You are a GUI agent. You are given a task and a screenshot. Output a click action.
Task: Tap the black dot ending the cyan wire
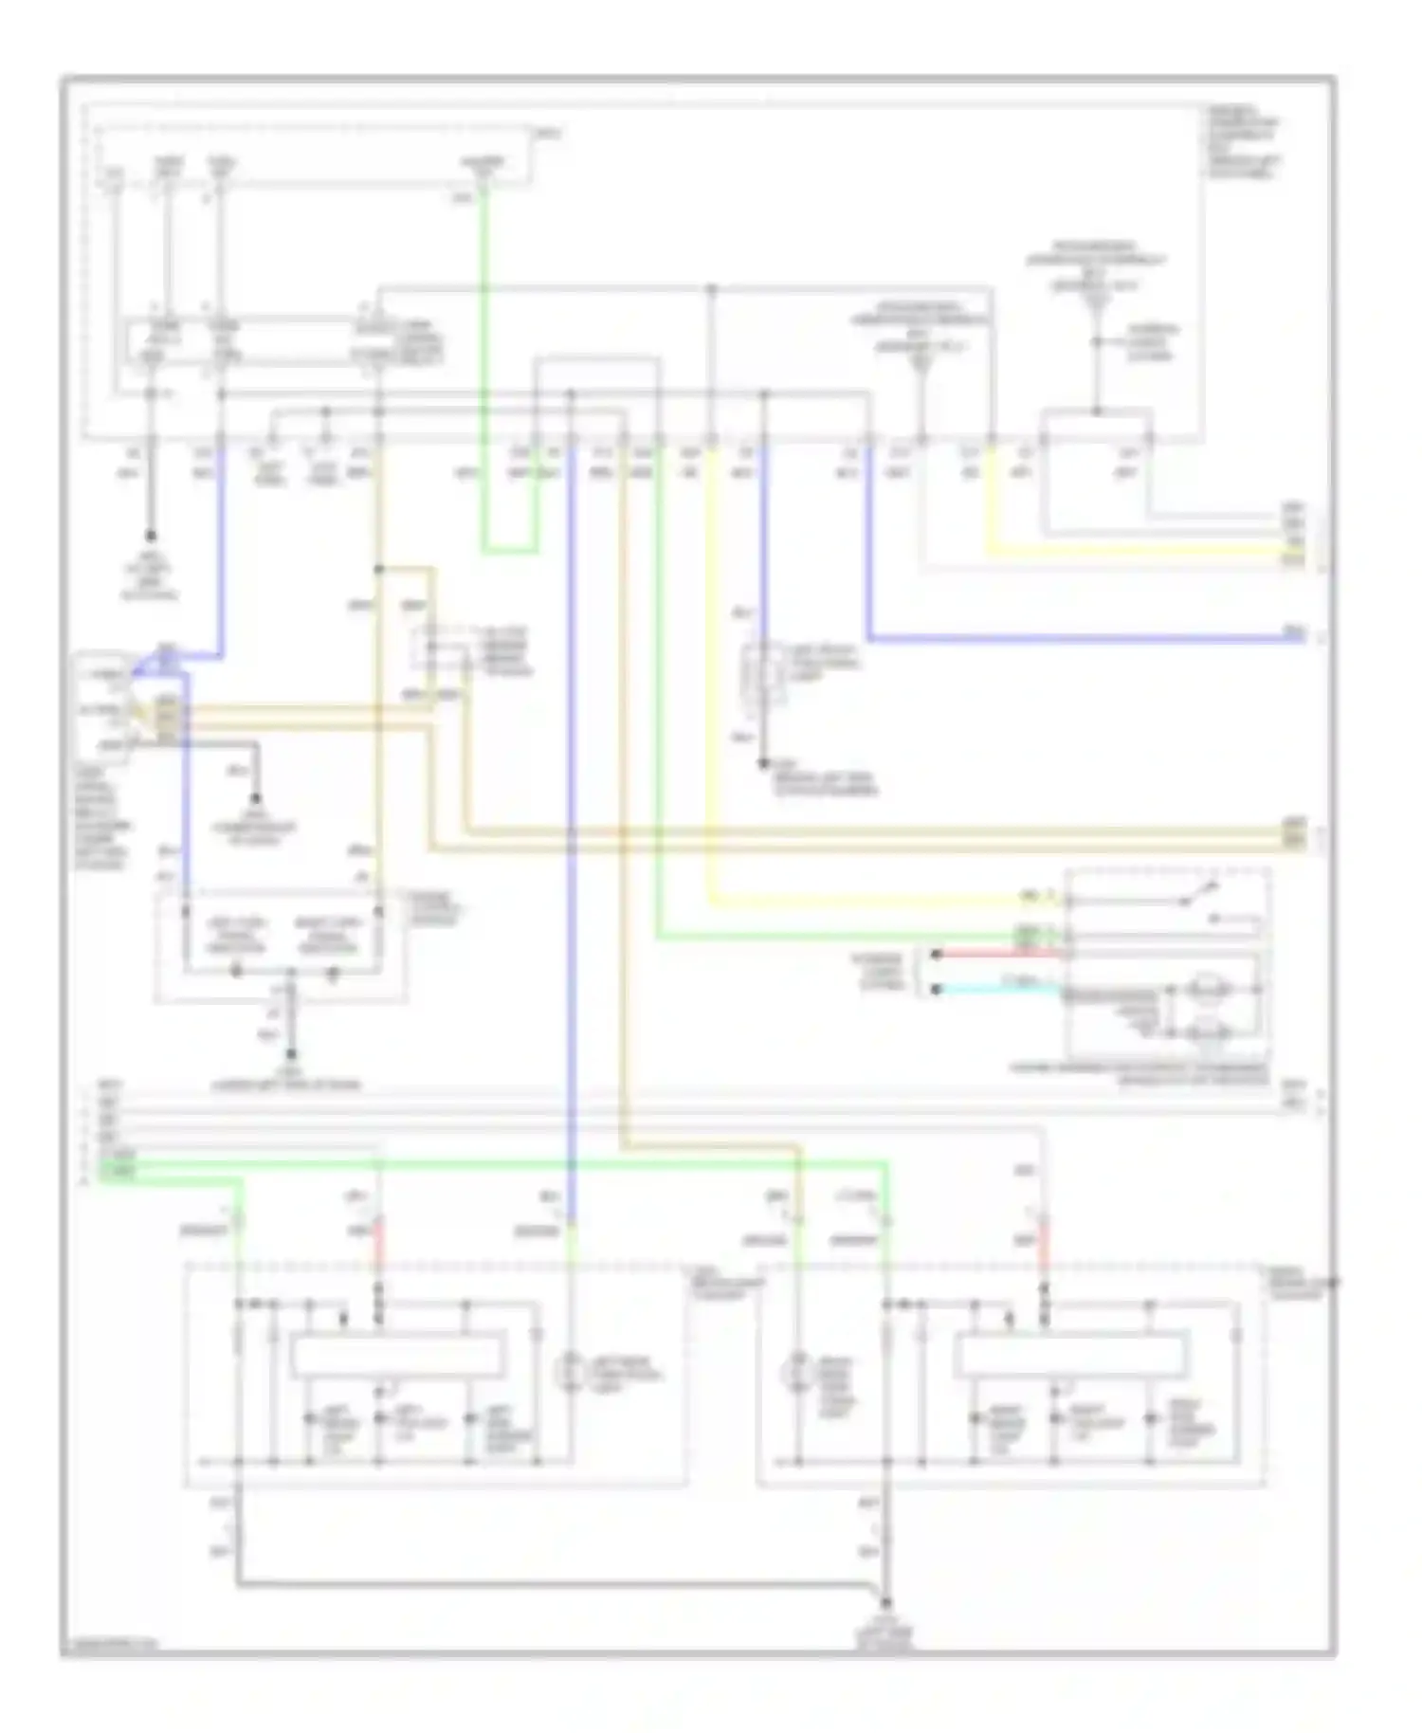click(x=936, y=989)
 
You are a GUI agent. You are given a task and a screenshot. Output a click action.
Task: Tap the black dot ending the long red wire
click(x=936, y=955)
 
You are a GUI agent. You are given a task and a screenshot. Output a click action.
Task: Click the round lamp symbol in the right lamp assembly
click(x=796, y=1374)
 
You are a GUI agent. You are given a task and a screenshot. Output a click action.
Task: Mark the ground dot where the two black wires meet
click(x=886, y=1602)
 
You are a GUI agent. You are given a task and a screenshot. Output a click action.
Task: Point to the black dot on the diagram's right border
click(x=1334, y=1284)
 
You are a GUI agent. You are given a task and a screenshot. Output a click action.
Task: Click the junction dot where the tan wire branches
click(x=378, y=570)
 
